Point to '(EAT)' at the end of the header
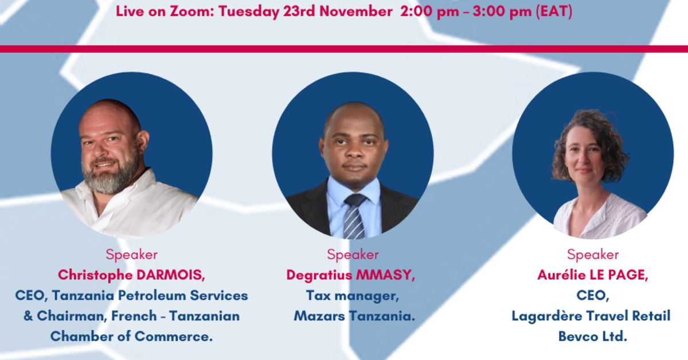click(x=553, y=11)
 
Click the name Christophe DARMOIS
click(x=131, y=275)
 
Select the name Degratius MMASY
click(x=351, y=275)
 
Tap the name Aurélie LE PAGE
click(x=593, y=275)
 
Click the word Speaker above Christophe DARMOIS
click(x=131, y=255)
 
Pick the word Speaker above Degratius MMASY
click(x=353, y=255)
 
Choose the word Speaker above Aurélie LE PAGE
click(x=593, y=255)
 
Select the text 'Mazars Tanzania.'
click(x=354, y=316)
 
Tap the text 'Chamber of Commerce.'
click(x=131, y=336)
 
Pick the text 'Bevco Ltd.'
click(x=593, y=336)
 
